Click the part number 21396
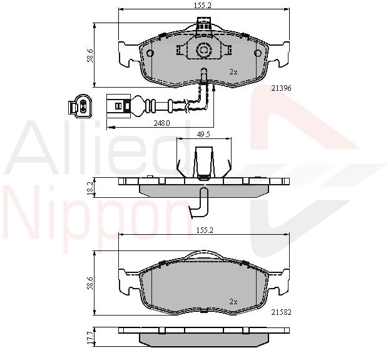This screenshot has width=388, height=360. (x=282, y=88)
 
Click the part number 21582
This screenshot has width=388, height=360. (x=282, y=312)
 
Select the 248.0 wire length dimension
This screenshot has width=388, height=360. (x=161, y=123)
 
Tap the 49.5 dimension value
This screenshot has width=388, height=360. (x=203, y=135)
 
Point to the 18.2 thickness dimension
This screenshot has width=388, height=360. (x=90, y=188)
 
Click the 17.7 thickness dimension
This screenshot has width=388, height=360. (x=90, y=337)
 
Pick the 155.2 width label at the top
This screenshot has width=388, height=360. (x=202, y=6)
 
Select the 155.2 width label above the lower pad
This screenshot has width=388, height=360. (x=205, y=230)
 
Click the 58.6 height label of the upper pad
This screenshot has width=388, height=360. (x=90, y=56)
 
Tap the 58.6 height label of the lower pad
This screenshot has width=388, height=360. (x=90, y=283)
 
